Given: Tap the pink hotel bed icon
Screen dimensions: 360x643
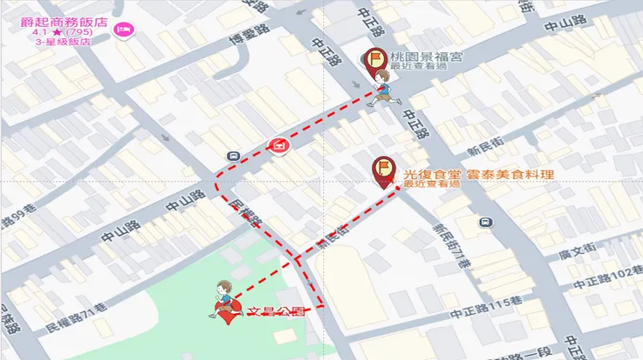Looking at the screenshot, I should [x=123, y=30].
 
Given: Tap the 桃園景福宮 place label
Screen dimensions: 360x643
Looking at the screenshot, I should [x=427, y=57].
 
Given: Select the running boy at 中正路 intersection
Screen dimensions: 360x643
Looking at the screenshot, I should [x=383, y=90].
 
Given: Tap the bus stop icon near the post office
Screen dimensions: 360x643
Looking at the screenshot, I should [x=233, y=156].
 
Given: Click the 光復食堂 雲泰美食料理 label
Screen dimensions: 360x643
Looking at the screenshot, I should [x=479, y=174].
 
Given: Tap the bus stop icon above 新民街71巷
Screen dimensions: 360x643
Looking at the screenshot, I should [x=484, y=221].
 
